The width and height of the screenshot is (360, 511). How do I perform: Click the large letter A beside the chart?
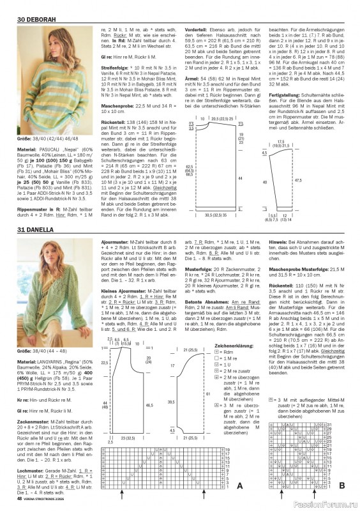click(239, 486)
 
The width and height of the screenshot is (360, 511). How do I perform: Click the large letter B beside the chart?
click(341, 486)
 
